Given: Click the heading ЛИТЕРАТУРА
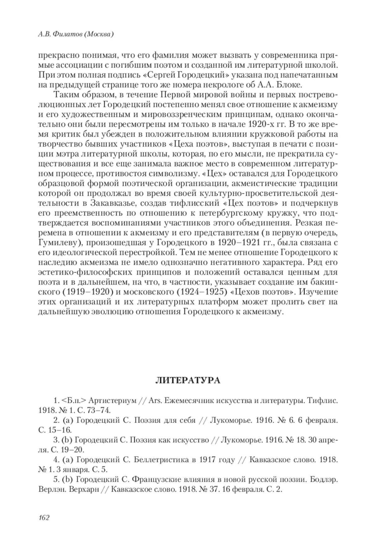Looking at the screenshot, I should point(188,380).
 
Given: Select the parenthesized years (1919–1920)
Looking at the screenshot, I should point(88,292).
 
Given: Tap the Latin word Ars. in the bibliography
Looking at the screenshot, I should point(154,400).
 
